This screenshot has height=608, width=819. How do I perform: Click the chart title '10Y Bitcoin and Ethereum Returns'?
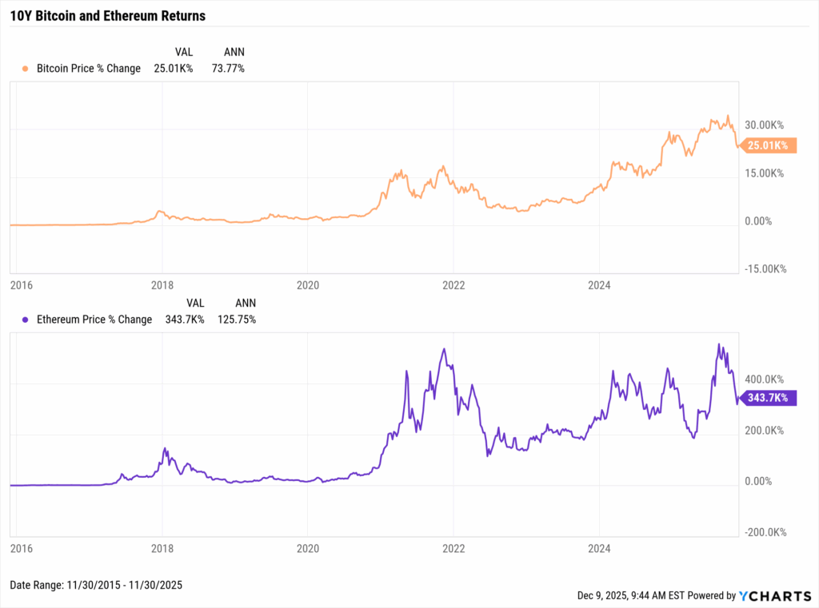tap(107, 16)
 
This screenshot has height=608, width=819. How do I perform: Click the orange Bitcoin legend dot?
tap(26, 69)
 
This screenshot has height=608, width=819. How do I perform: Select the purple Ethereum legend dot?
tap(26, 320)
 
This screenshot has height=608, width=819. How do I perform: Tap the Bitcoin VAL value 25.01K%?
tap(174, 69)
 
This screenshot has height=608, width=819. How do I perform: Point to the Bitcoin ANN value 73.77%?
tap(228, 69)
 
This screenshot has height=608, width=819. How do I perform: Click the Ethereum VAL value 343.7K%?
tap(184, 320)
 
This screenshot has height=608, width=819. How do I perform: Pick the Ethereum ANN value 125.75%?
tap(237, 320)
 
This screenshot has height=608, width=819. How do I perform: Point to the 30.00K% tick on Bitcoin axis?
tap(765, 125)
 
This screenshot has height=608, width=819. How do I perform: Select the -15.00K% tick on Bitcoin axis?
tap(763, 269)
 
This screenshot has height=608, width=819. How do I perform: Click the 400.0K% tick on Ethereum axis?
tap(765, 380)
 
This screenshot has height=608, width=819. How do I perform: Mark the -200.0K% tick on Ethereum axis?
tap(763, 533)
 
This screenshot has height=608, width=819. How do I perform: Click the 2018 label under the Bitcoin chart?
tap(162, 284)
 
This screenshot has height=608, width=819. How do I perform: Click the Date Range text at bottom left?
tap(96, 586)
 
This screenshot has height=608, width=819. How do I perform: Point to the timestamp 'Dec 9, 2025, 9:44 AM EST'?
tap(636, 596)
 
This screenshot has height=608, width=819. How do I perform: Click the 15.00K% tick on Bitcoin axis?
tap(765, 173)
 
